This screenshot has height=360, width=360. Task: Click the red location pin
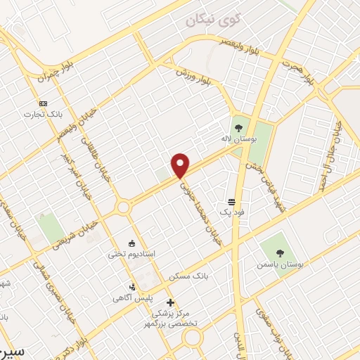pyautogui.click(x=181, y=165)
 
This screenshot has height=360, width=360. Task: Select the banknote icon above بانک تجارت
pyautogui.click(x=43, y=102)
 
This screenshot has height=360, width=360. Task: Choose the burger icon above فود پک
pyautogui.click(x=231, y=201)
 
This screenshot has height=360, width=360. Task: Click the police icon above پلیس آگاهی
pyautogui.click(x=131, y=286)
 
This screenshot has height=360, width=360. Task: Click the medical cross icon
pyautogui.click(x=169, y=302)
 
